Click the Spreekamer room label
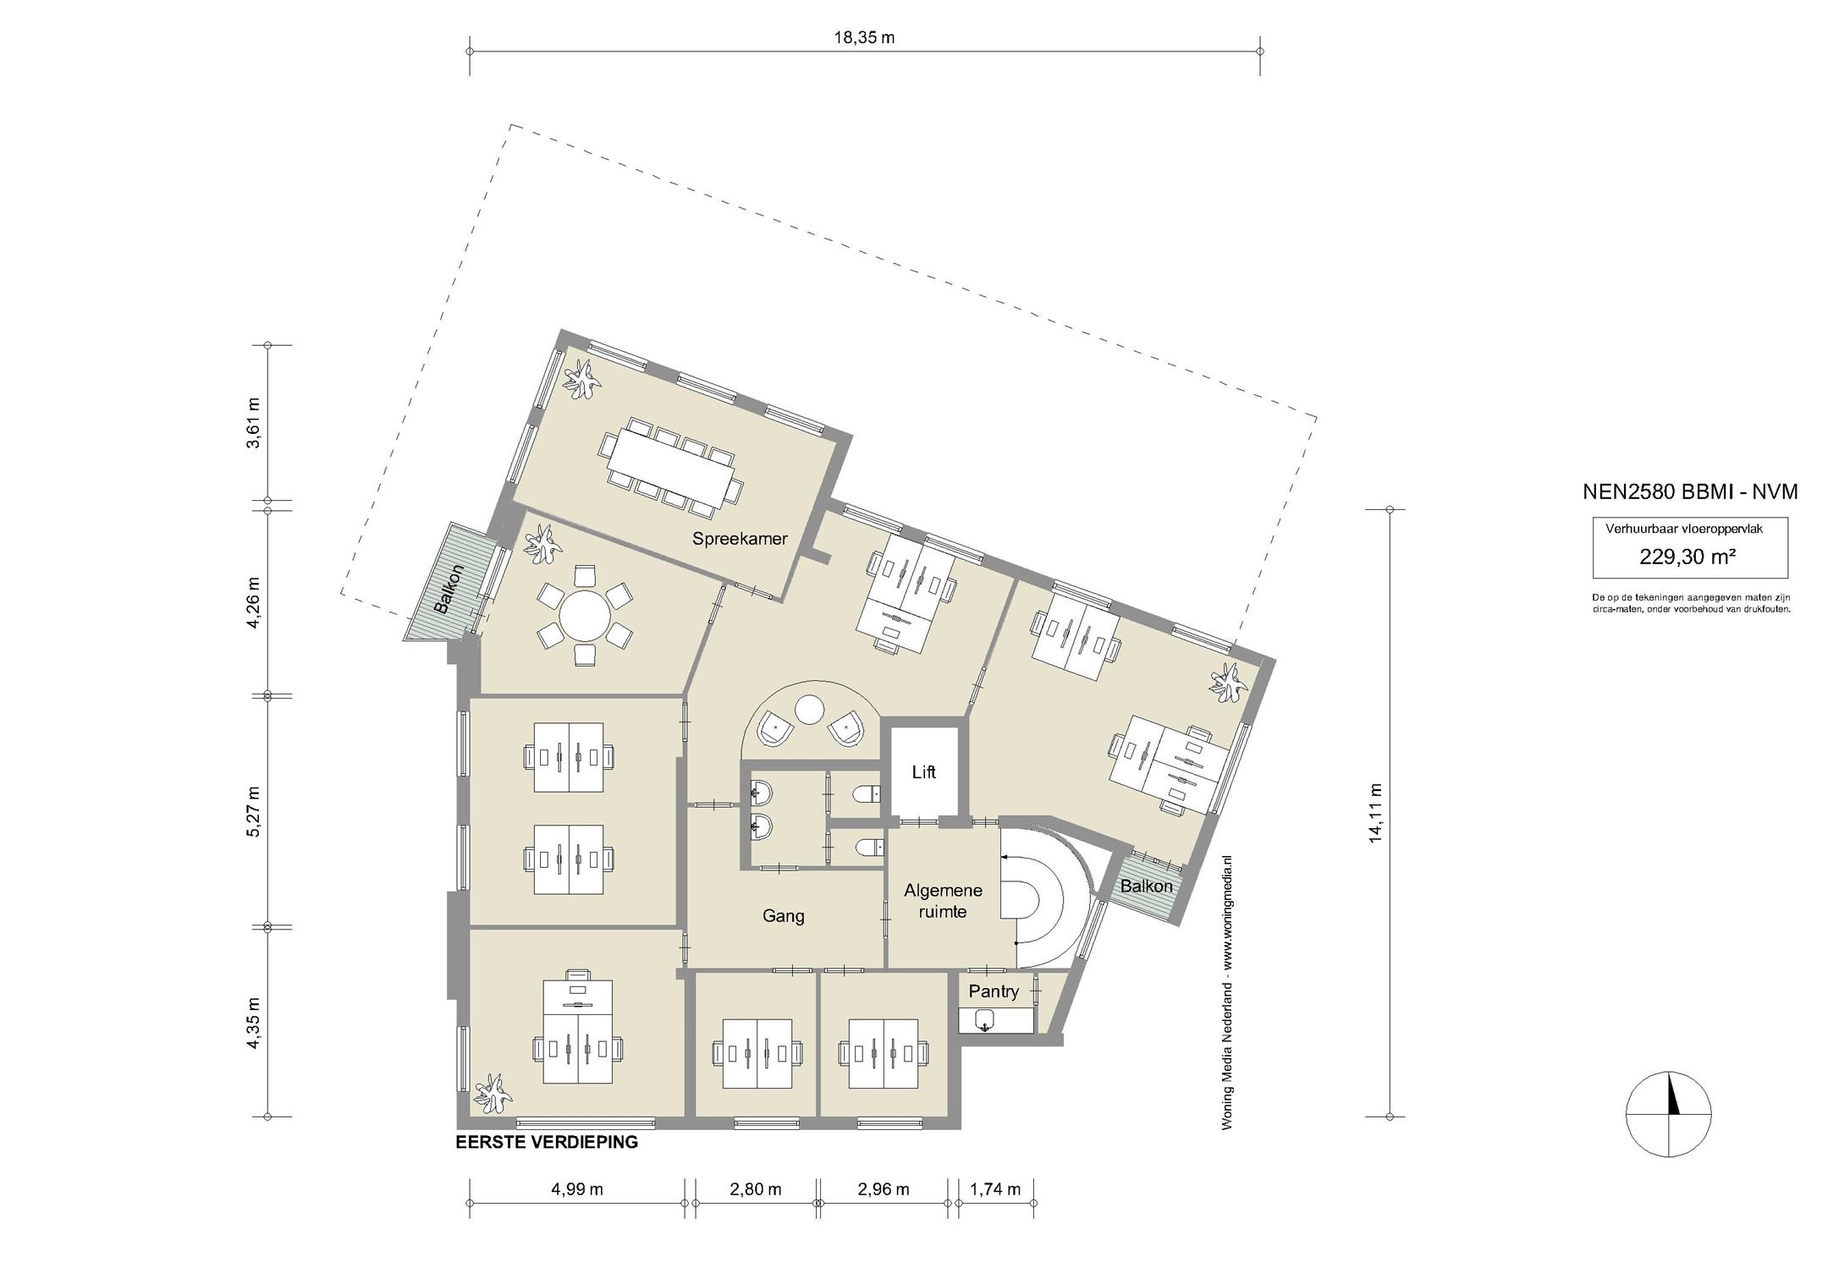click(x=740, y=538)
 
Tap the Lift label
click(x=923, y=772)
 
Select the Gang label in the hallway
click(x=783, y=915)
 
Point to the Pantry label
click(x=994, y=991)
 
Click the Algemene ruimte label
click(x=943, y=901)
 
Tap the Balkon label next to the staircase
click(x=1147, y=886)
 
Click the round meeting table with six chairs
click(x=584, y=618)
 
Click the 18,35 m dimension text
click(x=863, y=37)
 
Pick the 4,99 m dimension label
click(x=577, y=1188)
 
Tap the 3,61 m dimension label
click(x=254, y=422)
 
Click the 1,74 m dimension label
click(x=995, y=1188)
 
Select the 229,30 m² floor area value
click(x=1689, y=557)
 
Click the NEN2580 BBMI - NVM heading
click(x=1690, y=492)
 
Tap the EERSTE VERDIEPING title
click(x=547, y=1142)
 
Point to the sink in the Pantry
click(x=983, y=1022)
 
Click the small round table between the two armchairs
click(x=810, y=709)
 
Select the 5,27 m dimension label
click(x=254, y=812)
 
